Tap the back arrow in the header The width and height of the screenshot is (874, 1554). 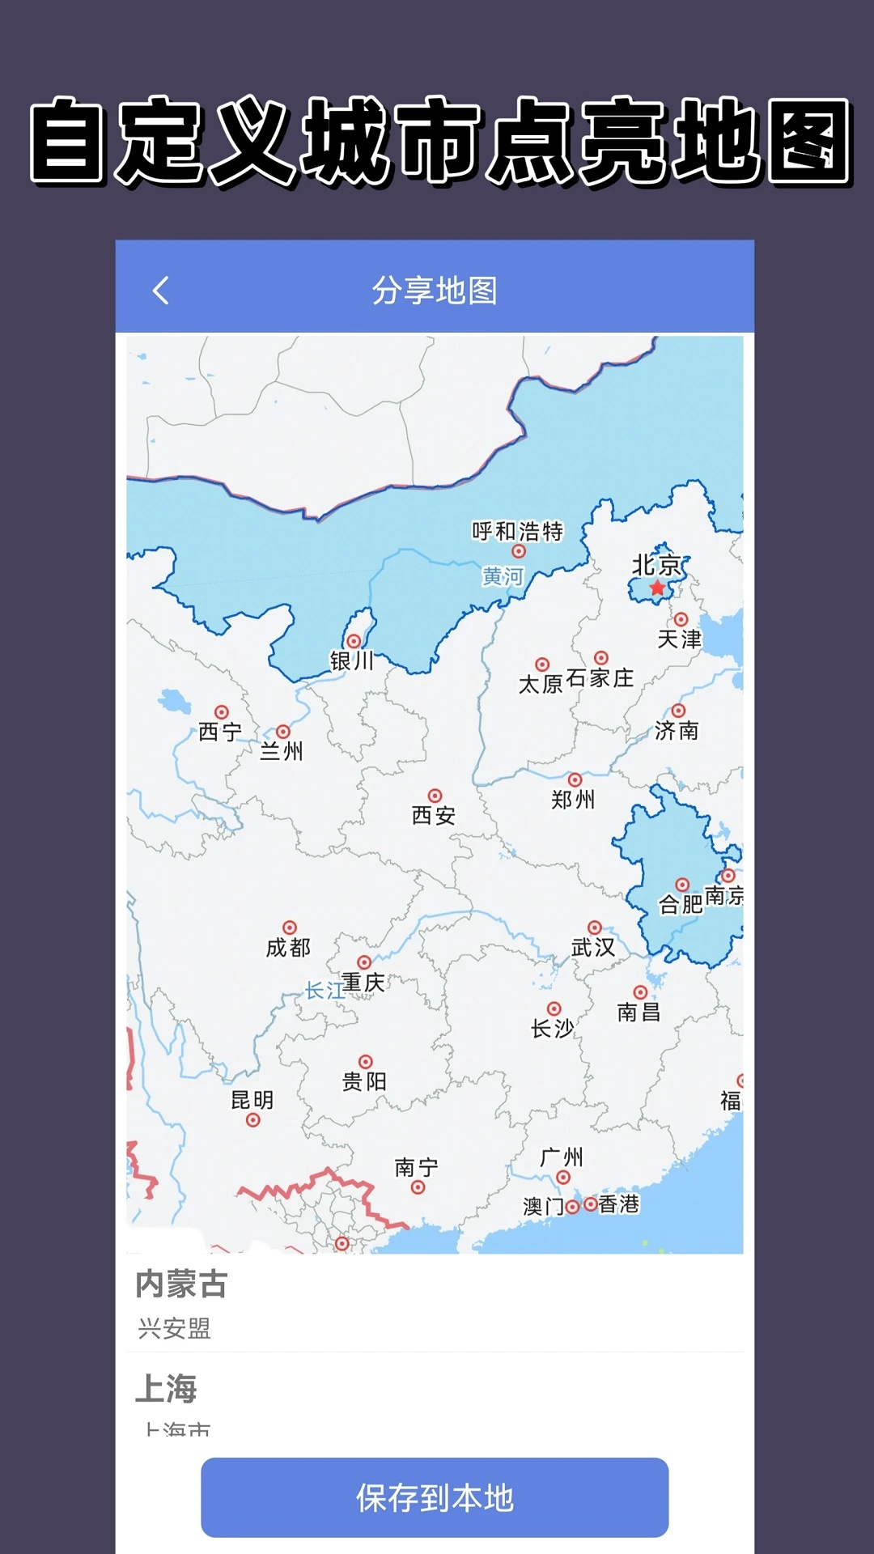(161, 291)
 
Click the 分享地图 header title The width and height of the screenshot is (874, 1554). (435, 291)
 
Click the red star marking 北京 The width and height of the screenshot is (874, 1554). (657, 588)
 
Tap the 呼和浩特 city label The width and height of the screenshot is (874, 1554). (517, 531)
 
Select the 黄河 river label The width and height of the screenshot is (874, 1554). (503, 576)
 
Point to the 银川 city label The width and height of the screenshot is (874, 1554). (352, 661)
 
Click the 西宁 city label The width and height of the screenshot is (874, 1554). (220, 732)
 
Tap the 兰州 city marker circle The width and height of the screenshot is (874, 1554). (283, 732)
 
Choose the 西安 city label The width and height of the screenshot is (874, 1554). (434, 815)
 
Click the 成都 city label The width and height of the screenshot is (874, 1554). (288, 947)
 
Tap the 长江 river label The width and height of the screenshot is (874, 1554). (324, 990)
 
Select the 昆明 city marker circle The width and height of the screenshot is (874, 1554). (253, 1120)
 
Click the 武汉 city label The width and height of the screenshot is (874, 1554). (593, 947)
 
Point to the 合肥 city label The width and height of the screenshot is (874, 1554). (681, 904)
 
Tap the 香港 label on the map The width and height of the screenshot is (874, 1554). (619, 1204)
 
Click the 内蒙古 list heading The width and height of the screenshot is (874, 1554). (181, 1284)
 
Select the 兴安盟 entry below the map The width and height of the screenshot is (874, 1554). (174, 1328)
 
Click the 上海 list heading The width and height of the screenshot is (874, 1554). (166, 1388)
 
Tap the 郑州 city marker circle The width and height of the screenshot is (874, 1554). (575, 780)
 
